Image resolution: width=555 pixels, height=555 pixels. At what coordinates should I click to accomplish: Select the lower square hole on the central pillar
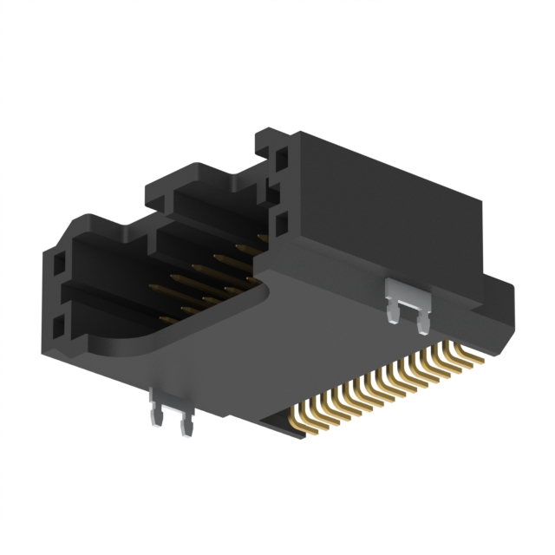click(x=281, y=224)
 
